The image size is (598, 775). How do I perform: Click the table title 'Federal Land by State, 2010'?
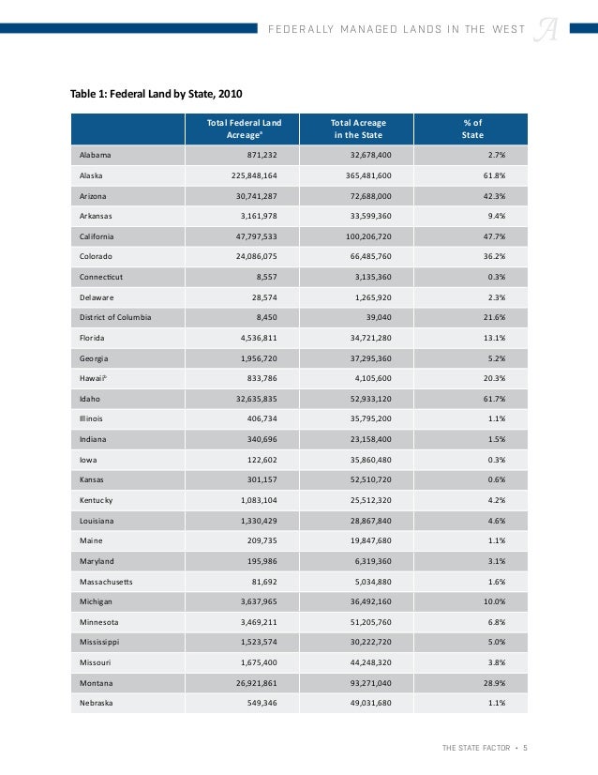(157, 94)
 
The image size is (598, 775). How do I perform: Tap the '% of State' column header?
(472, 129)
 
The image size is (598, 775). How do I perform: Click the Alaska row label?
(90, 175)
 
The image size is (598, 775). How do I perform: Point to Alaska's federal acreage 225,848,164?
(262, 175)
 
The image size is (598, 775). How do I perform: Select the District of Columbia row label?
(115, 316)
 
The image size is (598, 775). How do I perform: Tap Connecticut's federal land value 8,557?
(274, 278)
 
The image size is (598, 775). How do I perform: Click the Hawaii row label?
(93, 378)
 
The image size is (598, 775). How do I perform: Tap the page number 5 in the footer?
(526, 747)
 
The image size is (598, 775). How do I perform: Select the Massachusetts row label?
(106, 582)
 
